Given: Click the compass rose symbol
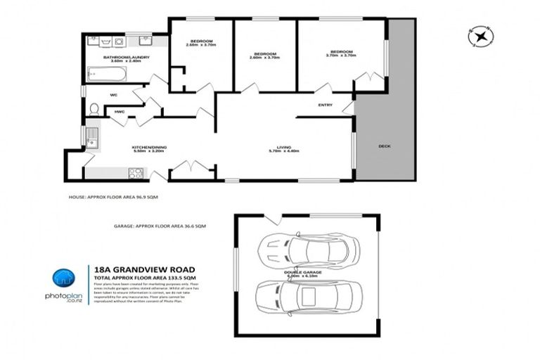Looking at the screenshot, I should click(481, 35).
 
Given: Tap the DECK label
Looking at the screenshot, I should click(384, 146).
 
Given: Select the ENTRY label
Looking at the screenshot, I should click(325, 105).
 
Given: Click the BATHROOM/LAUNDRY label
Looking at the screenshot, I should click(122, 58).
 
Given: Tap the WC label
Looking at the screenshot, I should click(113, 95).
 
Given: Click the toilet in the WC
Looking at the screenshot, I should click(94, 109).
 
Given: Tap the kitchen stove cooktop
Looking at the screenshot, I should click(136, 172).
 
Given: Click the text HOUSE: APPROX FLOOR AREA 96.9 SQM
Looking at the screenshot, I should click(113, 198).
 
